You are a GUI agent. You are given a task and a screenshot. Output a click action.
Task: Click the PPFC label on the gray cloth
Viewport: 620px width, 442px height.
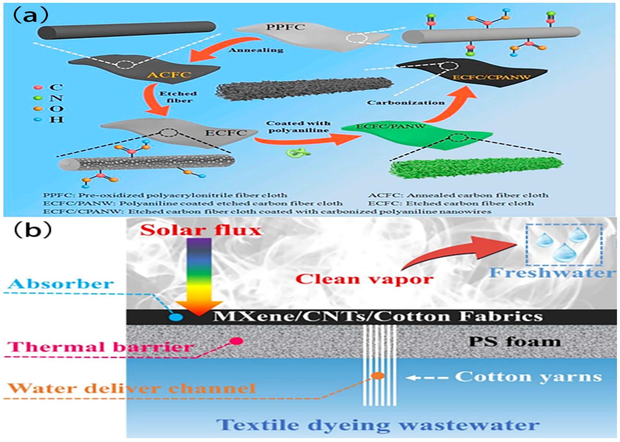285,27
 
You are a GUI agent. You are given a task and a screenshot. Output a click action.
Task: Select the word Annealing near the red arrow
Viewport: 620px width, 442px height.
256,50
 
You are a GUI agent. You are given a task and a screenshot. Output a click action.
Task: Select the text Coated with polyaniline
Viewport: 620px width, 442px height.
298,127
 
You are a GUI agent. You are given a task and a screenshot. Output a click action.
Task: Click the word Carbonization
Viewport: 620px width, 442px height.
406,103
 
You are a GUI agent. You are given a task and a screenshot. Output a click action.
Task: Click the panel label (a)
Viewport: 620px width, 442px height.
30,16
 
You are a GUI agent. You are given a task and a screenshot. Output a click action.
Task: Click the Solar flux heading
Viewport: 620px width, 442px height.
201,230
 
